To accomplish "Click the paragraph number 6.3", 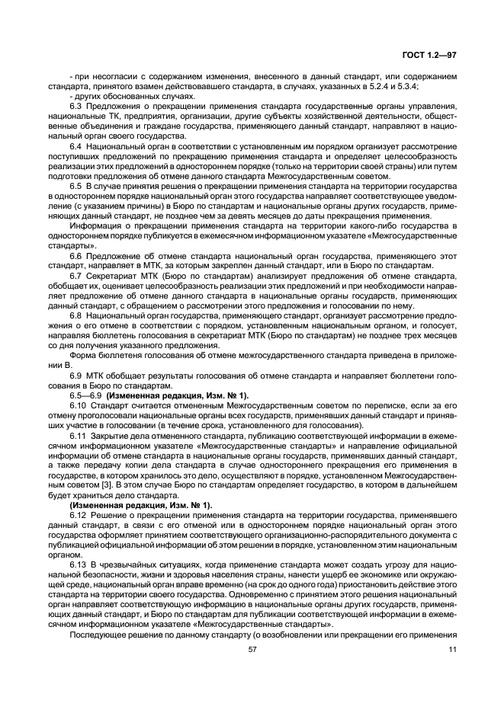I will (75, 105).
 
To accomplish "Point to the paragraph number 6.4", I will (75, 145).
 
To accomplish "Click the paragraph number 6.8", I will (75, 314).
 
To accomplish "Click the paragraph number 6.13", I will (78, 563).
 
